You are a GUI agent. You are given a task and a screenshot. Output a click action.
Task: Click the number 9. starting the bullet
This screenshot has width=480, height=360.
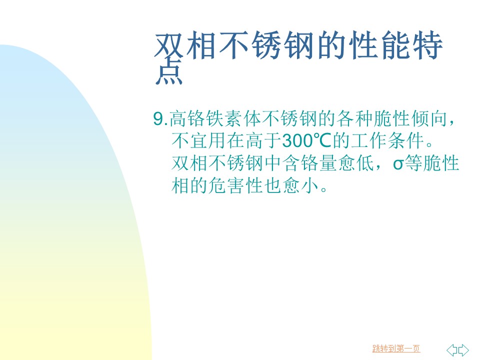coord(160,119)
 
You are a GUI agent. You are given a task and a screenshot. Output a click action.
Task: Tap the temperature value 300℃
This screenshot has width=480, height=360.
coord(307,141)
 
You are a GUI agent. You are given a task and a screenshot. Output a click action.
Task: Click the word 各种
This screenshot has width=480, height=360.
coord(355,119)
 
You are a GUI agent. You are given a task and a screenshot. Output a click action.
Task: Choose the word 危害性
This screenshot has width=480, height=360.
coord(235,185)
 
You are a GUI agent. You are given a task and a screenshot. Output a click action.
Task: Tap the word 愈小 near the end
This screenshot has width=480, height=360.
coord(300,185)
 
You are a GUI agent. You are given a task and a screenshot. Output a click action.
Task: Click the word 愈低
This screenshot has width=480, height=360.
coord(355,163)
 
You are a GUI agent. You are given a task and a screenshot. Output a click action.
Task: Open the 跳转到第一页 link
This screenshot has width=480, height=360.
coord(396,348)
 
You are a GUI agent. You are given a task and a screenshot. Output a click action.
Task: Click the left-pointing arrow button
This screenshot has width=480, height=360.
coord(452,349)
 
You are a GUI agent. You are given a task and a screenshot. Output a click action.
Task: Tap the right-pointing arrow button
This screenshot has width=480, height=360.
coord(463,349)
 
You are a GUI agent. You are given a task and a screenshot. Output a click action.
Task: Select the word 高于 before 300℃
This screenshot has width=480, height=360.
coord(263,141)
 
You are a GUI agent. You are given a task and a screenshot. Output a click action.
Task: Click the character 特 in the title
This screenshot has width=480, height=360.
coord(428,45)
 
